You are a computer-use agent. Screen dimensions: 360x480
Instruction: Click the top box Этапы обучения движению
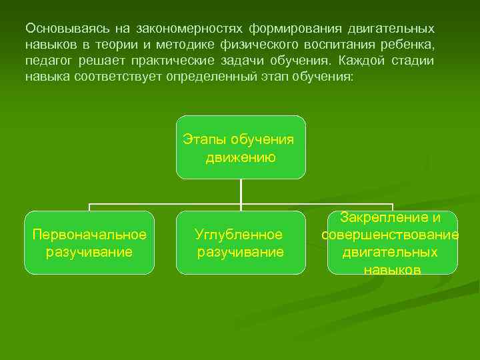click(x=241, y=147)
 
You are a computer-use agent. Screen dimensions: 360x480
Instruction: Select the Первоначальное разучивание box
click(x=89, y=243)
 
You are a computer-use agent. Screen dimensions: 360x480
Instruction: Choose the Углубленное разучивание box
click(x=241, y=243)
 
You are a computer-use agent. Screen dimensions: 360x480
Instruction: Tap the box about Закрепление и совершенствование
click(x=392, y=243)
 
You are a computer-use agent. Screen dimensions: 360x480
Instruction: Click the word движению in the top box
click(x=241, y=157)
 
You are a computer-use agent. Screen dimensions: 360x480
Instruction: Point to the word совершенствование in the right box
click(x=390, y=235)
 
